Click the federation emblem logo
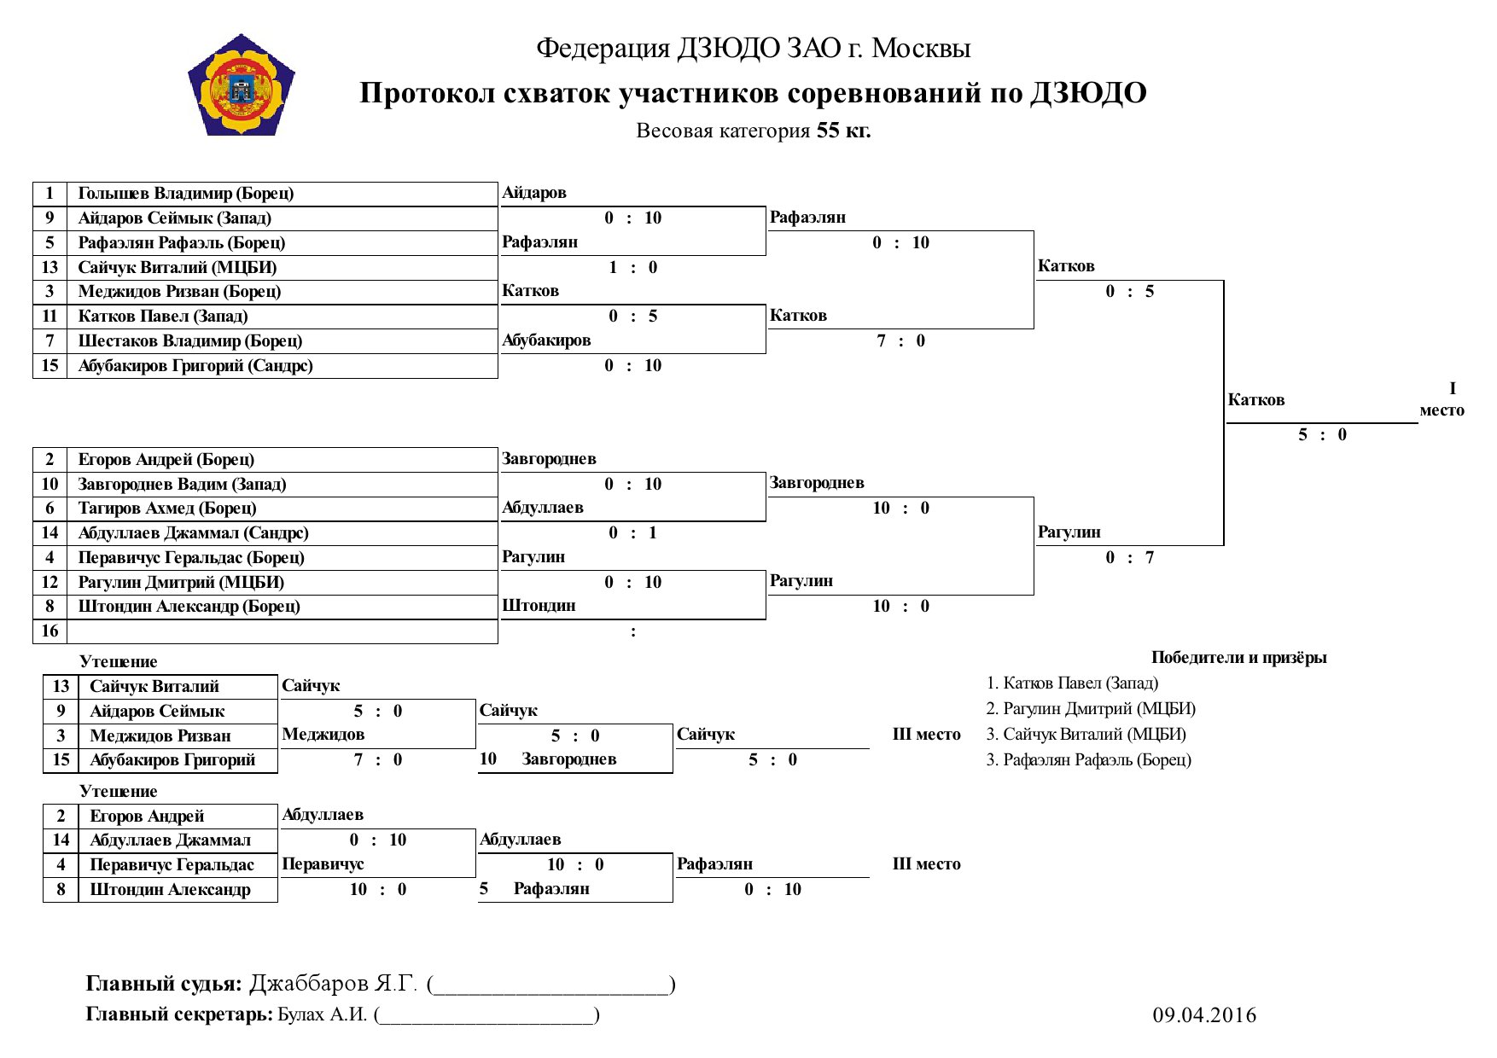tap(242, 84)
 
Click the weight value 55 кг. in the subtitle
tap(843, 131)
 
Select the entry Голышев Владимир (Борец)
tap(186, 193)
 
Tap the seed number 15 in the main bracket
tap(50, 365)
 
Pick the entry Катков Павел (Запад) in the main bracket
tap(163, 317)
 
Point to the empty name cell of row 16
tap(283, 631)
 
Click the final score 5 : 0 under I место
tap(1322, 435)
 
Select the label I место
tap(1442, 399)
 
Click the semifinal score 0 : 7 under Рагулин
tap(1130, 558)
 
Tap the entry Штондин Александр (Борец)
tap(189, 607)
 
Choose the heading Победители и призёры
tap(1239, 658)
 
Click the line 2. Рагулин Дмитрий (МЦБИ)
tap(1091, 709)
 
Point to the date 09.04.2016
tap(1204, 1014)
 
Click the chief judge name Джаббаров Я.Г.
tap(333, 984)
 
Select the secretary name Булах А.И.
tap(323, 1014)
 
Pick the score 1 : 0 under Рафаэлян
tap(632, 268)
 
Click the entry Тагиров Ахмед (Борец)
tap(167, 509)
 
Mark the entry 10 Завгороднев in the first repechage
tap(548, 759)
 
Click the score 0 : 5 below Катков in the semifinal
tap(1130, 292)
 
